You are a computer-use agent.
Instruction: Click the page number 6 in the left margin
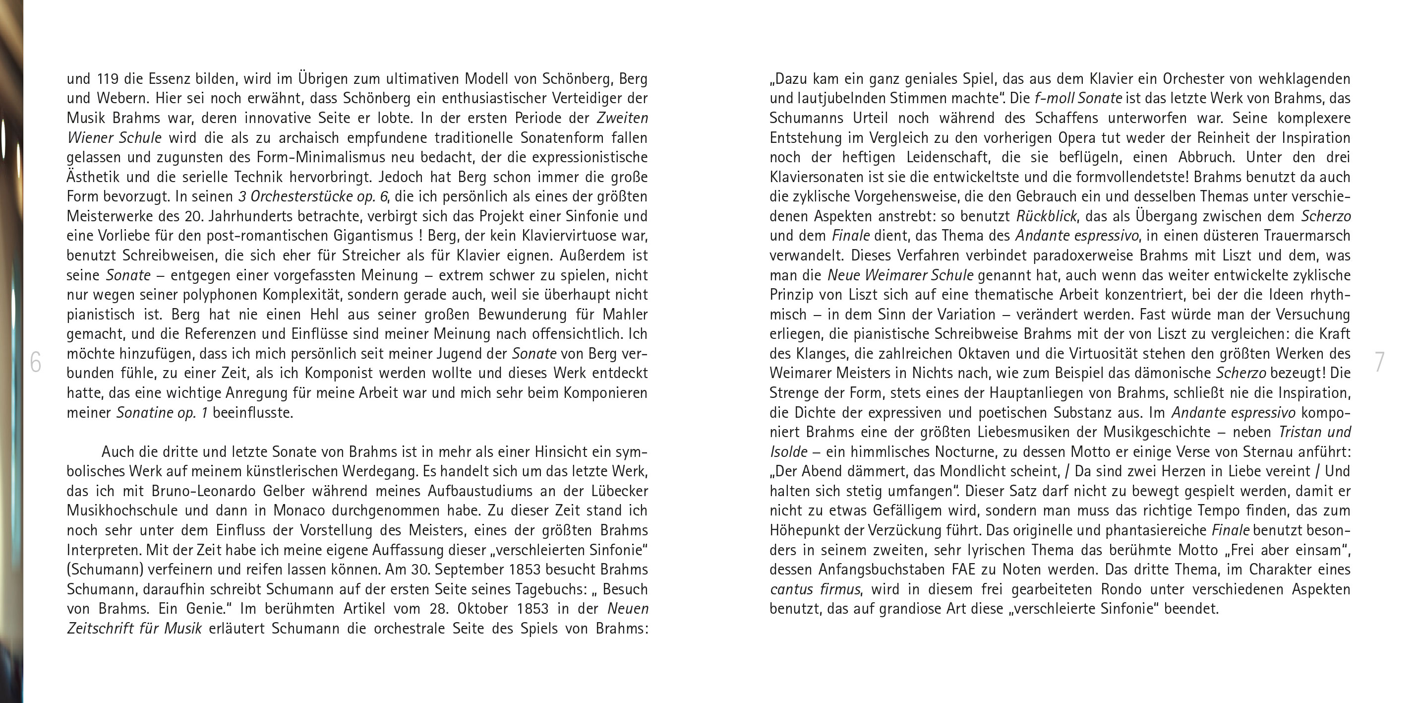pyautogui.click(x=36, y=362)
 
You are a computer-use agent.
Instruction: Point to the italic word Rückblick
pyautogui.click(x=1046, y=216)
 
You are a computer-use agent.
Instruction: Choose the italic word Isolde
pyautogui.click(x=788, y=452)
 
